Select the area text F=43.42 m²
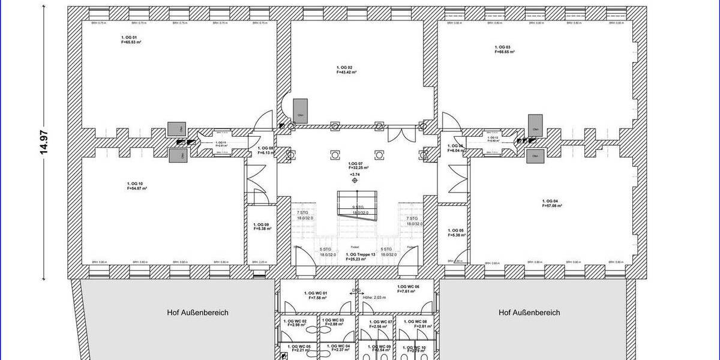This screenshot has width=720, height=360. pos(347,72)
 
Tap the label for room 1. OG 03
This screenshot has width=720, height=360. pos(503,47)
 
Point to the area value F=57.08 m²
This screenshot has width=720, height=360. pos(552,206)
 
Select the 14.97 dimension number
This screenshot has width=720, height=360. pos(43,143)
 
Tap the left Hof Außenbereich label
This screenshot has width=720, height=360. pos(197,313)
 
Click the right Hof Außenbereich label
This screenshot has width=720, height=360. pos(529,313)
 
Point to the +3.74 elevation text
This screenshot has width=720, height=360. pos(355,175)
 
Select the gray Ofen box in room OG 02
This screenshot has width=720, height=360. pos(301,111)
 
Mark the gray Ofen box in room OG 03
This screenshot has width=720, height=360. pos(535,122)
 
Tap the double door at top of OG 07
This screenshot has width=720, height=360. pos(398,134)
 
